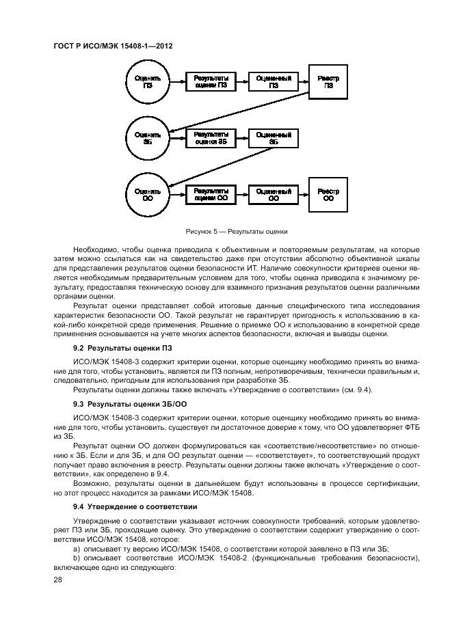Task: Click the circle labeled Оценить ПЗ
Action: pos(148,82)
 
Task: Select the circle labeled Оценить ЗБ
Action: pos(148,139)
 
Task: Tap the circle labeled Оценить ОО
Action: pos(148,195)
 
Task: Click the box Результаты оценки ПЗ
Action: pos(211,82)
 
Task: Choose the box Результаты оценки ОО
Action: pos(211,195)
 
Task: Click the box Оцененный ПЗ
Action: pos(274,82)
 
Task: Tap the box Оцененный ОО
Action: pos(274,195)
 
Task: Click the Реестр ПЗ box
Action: pos(329,82)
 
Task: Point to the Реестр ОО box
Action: pos(329,195)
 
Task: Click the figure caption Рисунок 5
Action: pos(231,231)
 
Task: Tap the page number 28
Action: pos(57,579)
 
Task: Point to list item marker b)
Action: pos(77,558)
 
